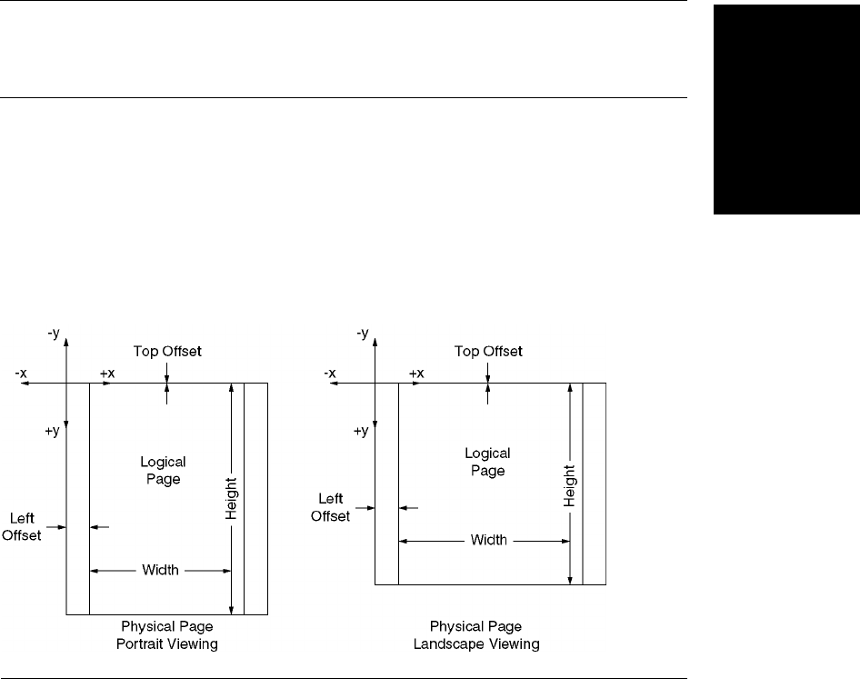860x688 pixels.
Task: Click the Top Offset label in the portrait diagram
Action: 167,351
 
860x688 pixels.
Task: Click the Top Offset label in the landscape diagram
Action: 489,351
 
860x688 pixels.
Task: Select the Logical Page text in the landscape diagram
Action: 487,462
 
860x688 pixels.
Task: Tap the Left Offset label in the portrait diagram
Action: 22,527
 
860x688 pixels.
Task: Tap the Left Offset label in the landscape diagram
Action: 332,508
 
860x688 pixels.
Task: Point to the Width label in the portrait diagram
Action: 161,571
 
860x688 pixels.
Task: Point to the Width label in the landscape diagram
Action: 488,540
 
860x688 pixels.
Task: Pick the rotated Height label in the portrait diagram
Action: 231,499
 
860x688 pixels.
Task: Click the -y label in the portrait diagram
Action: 55,334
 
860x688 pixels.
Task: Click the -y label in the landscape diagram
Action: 364,334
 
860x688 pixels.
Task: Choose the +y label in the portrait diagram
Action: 51,431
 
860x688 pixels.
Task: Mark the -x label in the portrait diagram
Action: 21,374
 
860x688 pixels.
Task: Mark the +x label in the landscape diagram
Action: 415,374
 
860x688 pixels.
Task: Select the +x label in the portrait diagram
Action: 107,374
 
